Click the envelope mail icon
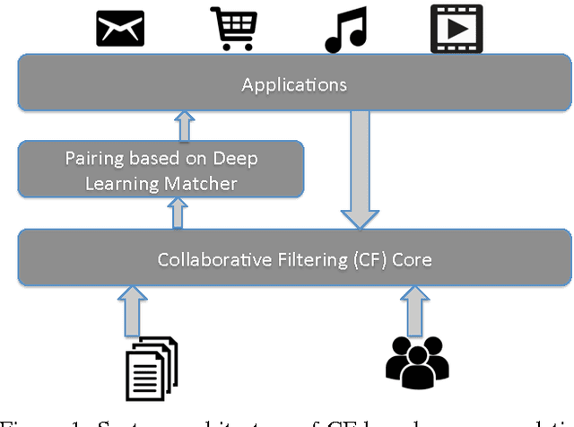click(121, 29)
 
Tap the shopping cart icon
click(235, 29)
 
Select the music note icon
click(345, 29)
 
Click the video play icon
click(456, 29)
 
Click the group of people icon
click(416, 362)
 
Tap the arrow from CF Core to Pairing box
click(178, 214)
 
